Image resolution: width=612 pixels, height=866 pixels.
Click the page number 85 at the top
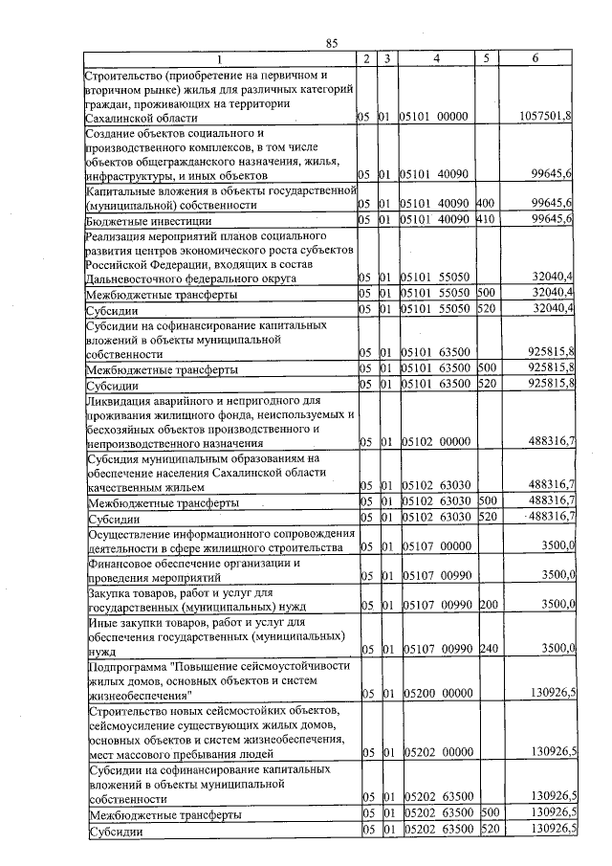332,42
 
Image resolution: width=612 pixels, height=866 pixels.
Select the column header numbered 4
436,59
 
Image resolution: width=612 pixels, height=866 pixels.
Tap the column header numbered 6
535,59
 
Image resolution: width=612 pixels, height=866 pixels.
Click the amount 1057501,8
546,117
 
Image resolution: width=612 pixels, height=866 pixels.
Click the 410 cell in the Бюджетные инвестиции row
485,220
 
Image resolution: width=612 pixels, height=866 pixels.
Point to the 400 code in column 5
485,205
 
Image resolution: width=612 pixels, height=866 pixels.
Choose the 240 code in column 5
485,649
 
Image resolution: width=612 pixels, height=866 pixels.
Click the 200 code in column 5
485,606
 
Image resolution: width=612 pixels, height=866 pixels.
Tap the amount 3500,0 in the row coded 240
557,649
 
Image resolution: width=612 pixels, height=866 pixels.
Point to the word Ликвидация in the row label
119,400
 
